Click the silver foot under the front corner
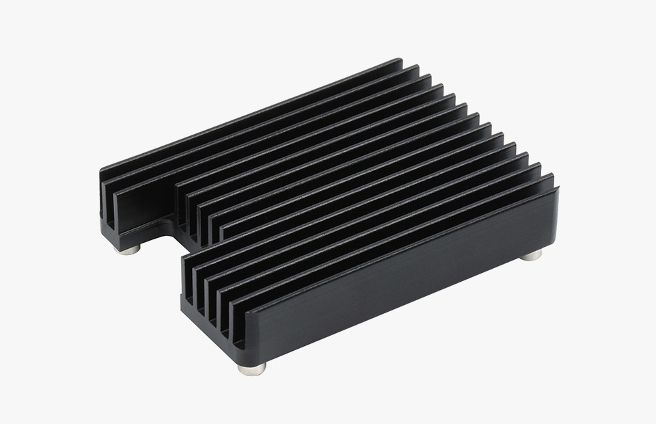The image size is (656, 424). pyautogui.click(x=252, y=369)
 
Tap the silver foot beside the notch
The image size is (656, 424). pyautogui.click(x=127, y=250)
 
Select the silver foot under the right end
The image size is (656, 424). pyautogui.click(x=532, y=256)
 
